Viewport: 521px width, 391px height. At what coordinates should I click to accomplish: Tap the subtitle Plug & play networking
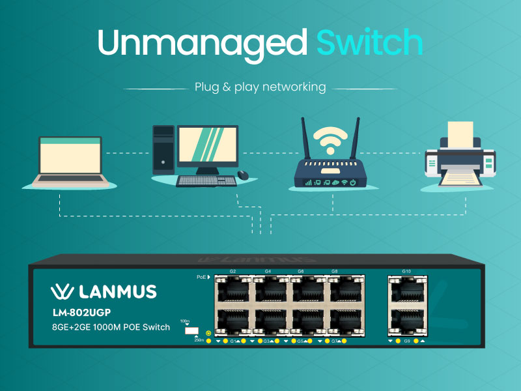pyautogui.click(x=260, y=87)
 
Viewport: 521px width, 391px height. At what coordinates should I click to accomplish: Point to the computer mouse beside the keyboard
pyautogui.click(x=243, y=175)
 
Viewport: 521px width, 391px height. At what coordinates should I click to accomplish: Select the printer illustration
pyautogui.click(x=460, y=156)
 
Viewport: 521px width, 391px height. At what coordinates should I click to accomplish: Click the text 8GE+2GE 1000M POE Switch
pyautogui.click(x=111, y=326)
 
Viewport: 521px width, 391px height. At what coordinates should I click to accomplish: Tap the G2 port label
pyautogui.click(x=232, y=270)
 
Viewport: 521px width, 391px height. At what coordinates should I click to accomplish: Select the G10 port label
pyautogui.click(x=406, y=270)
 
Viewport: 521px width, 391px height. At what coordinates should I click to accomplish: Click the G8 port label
pyautogui.click(x=334, y=270)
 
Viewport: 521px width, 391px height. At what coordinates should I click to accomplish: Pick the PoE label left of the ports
pyautogui.click(x=202, y=277)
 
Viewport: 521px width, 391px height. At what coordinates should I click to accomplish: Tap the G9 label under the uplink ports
pyautogui.click(x=406, y=341)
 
